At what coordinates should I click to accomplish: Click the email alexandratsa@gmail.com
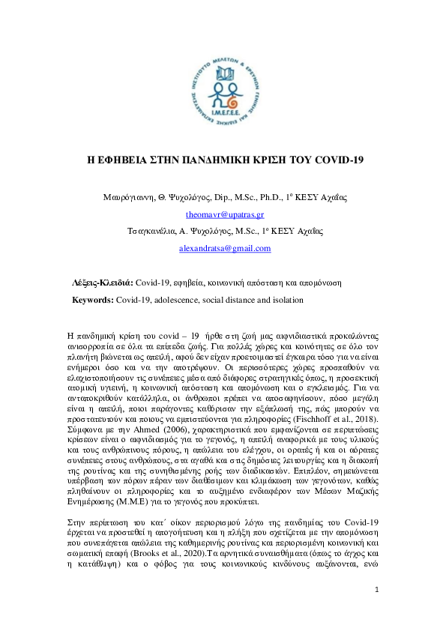(x=223, y=248)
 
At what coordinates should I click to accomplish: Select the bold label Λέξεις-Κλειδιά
(x=101, y=283)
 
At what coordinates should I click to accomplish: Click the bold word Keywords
(x=93, y=300)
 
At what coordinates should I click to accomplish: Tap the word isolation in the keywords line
(x=286, y=300)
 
